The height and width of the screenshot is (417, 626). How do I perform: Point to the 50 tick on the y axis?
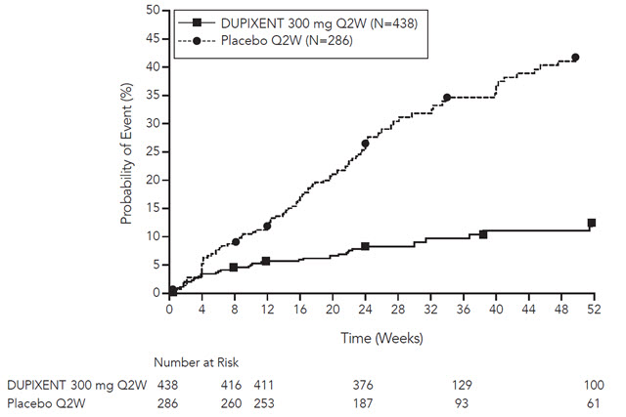[153, 10]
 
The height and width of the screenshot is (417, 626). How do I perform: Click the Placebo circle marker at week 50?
[575, 58]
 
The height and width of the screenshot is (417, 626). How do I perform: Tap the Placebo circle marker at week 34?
[447, 98]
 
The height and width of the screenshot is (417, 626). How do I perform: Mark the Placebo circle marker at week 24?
[365, 144]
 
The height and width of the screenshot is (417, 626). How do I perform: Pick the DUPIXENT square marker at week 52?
[592, 223]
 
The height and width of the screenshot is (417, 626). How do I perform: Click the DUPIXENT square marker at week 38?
[483, 234]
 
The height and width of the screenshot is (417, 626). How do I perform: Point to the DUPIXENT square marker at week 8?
[234, 267]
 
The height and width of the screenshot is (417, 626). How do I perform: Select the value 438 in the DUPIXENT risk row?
[168, 385]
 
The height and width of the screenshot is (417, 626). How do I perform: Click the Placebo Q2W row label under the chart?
[44, 401]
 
